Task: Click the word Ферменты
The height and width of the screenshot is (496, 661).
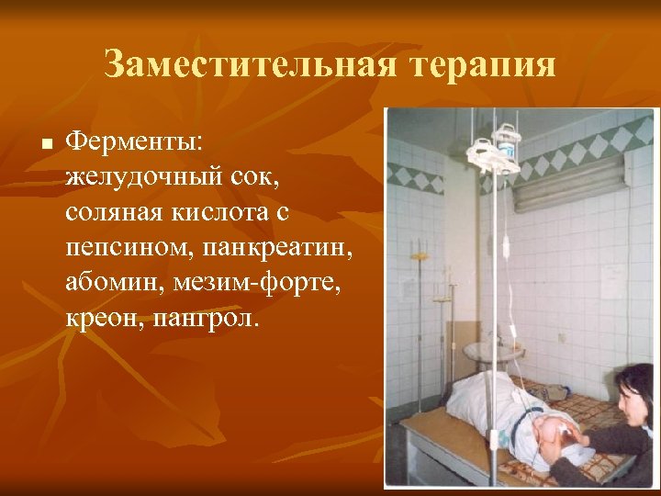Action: [140, 141]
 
